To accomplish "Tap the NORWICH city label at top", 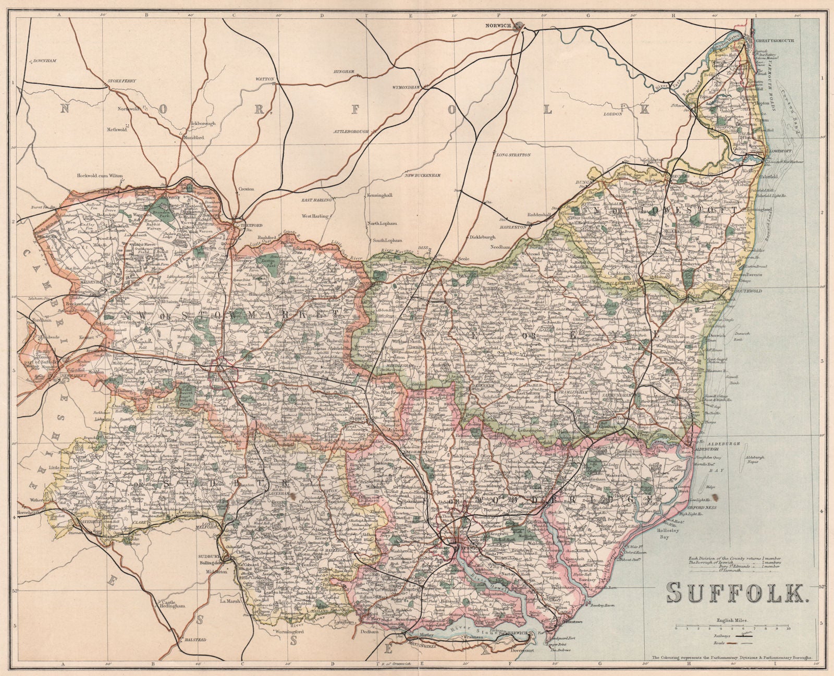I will coord(496,25).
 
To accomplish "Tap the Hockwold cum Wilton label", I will coord(100,176).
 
